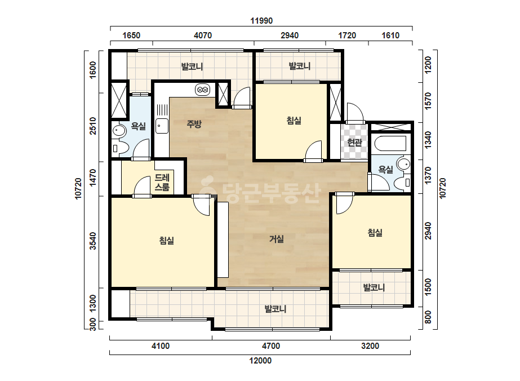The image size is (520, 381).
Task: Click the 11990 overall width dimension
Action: (261, 21)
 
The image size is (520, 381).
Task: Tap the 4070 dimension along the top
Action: (203, 36)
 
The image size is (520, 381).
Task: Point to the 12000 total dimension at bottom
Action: (260, 360)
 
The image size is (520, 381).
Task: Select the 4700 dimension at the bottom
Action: (271, 346)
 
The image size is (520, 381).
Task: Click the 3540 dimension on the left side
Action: (93, 241)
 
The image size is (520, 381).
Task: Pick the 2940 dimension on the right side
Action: (428, 231)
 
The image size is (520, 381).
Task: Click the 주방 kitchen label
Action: (194, 124)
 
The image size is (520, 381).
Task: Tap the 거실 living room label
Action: (276, 239)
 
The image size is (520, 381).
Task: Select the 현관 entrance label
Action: (354, 143)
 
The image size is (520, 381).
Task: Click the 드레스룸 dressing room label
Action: (162, 183)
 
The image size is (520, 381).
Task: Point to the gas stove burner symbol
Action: (202, 90)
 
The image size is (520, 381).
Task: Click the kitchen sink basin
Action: (162, 126)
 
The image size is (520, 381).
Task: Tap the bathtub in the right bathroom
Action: (390, 143)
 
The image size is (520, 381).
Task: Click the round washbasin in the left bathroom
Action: (119, 131)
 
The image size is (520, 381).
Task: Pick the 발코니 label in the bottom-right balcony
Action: (374, 287)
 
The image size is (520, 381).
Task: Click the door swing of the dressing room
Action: (142, 187)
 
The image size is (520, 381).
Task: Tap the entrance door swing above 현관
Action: (355, 113)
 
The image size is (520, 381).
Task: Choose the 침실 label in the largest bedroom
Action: (167, 240)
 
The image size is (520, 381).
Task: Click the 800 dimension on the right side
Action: (428, 317)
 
